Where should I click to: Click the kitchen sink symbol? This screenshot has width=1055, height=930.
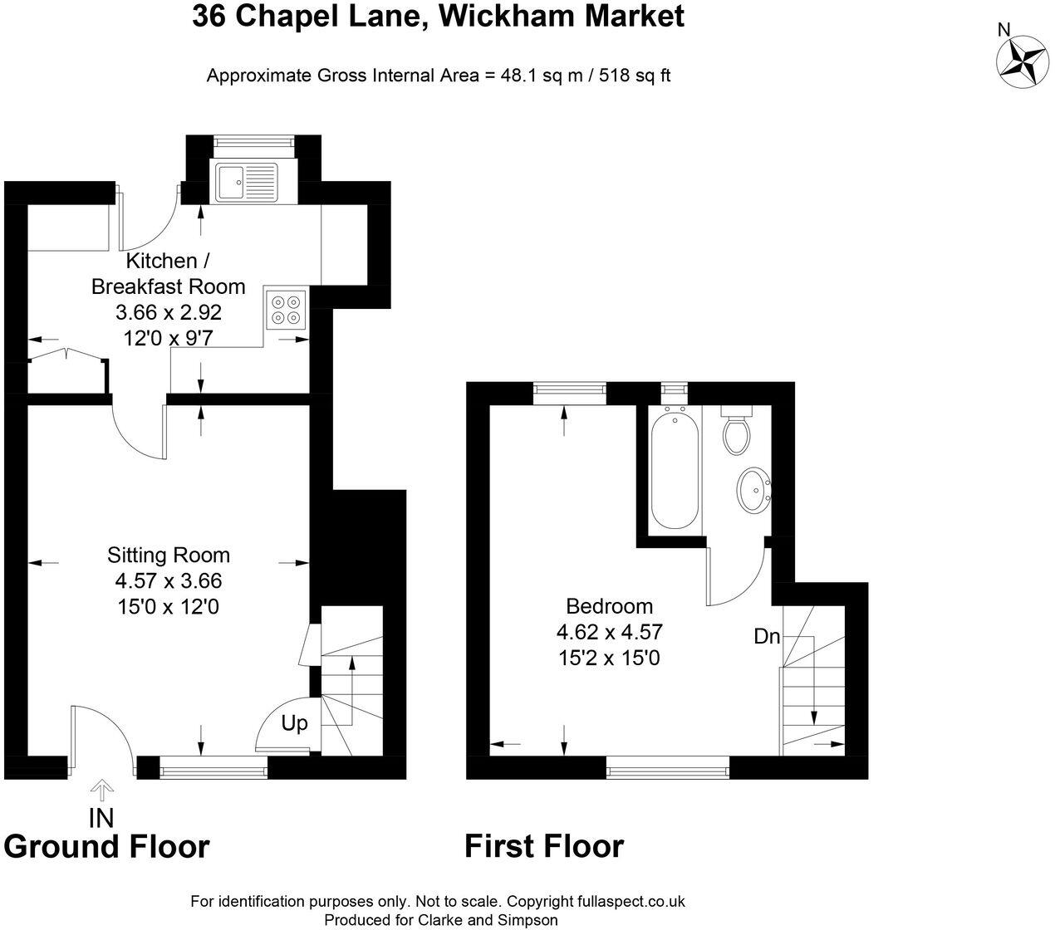click(246, 182)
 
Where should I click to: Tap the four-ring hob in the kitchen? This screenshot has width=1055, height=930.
click(286, 309)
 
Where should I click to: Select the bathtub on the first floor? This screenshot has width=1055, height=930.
click(674, 469)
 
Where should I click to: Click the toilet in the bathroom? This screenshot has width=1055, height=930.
click(736, 431)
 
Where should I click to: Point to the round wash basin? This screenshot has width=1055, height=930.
click(755, 490)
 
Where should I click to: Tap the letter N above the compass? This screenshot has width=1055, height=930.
click(1003, 30)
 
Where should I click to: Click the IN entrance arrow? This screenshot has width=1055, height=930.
click(101, 789)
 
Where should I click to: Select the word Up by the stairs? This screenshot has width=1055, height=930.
click(294, 723)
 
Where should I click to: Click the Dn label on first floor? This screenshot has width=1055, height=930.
click(767, 637)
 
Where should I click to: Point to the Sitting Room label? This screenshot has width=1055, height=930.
click(169, 555)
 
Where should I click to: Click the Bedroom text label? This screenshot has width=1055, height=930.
click(609, 606)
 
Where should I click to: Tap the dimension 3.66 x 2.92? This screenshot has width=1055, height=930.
click(169, 313)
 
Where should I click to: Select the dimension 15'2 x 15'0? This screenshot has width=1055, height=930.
click(609, 658)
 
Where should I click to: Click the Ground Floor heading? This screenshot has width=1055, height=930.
click(106, 846)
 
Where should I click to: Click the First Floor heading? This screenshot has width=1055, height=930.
click(543, 846)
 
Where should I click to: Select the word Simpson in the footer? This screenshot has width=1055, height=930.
click(528, 920)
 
